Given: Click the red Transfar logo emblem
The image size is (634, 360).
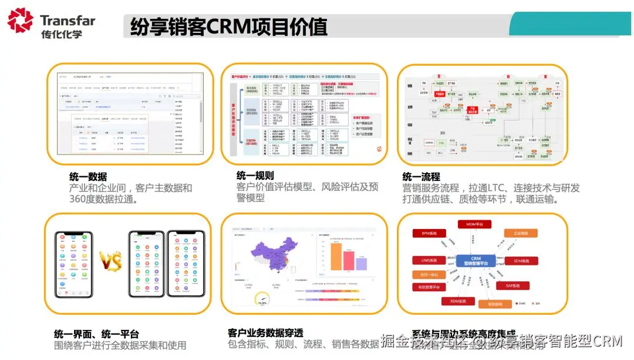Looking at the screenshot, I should point(21,20).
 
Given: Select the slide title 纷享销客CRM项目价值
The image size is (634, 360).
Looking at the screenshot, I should point(228,27).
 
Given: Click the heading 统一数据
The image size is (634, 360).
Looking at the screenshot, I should point(88,176).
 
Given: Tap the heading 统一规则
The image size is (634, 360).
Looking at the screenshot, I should point(255,175).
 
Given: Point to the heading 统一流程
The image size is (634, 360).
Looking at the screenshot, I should point(421,176).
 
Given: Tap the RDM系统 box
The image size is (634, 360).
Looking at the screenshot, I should point(458,301).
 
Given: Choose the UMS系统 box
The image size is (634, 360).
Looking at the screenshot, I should point(429,260).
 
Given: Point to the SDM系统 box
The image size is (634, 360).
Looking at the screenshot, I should point(521,260).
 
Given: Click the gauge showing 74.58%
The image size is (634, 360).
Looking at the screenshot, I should point(261,299).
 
